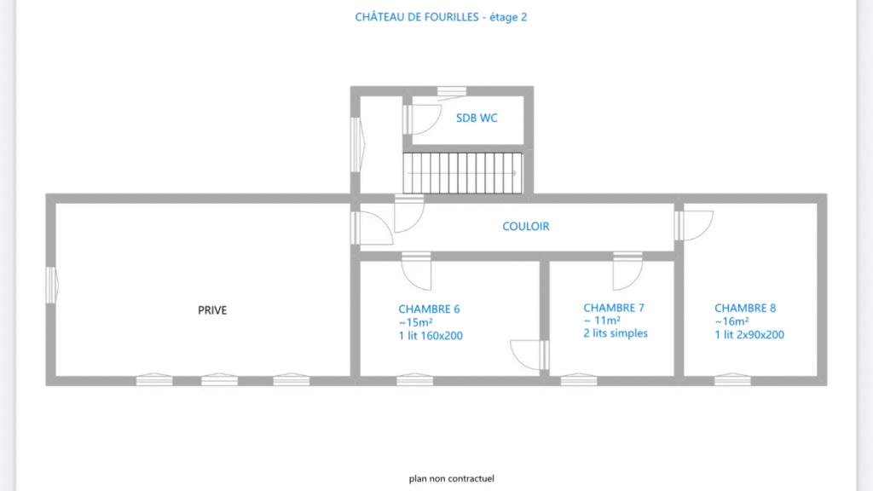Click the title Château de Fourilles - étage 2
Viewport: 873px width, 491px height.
tap(441, 17)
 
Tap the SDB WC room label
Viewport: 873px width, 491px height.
tap(477, 118)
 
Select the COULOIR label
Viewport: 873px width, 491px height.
tap(525, 227)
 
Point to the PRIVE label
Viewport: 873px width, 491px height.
tap(212, 310)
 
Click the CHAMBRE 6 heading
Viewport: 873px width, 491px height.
tap(429, 309)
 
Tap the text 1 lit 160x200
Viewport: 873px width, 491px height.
tap(431, 336)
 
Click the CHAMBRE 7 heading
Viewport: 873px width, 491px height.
tap(614, 307)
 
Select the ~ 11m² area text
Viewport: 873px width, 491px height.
tap(602, 321)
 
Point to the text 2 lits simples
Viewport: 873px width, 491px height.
tap(616, 333)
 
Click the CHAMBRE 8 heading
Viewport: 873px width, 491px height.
tap(745, 309)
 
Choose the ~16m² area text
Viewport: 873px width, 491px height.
tap(732, 321)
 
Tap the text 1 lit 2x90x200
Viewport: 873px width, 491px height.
tap(749, 335)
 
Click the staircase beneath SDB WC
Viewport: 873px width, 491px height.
tap(463, 173)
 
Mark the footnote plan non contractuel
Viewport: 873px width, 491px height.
tap(452, 479)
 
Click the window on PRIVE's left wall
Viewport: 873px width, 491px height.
tap(51, 285)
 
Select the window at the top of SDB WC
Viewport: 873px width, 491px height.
tap(451, 90)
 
